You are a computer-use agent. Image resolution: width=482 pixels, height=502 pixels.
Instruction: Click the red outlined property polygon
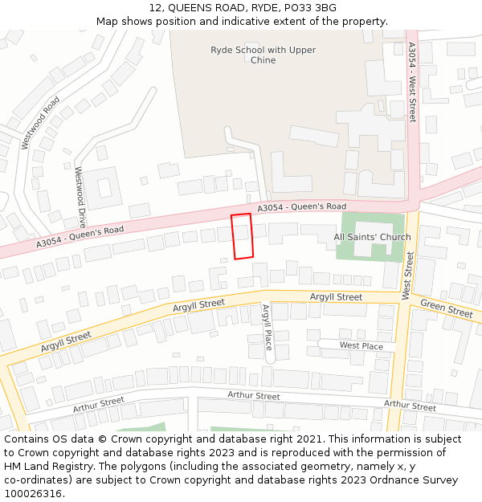pyautogui.click(x=242, y=236)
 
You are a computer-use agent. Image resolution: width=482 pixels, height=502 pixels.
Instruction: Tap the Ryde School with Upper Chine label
pyautogui.click(x=263, y=55)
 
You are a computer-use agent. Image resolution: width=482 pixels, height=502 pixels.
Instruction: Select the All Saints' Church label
pyautogui.click(x=372, y=237)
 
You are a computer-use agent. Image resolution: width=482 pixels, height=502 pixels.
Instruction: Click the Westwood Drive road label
pyautogui.click(x=80, y=197)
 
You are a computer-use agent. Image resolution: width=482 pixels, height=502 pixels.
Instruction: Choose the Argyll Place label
pyautogui.click(x=267, y=328)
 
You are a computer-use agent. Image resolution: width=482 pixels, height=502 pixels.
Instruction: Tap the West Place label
pyautogui.click(x=361, y=345)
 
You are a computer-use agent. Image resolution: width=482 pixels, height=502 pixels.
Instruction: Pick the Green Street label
pyautogui.click(x=447, y=308)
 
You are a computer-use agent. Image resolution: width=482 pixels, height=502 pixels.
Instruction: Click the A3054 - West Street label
pyautogui.click(x=412, y=82)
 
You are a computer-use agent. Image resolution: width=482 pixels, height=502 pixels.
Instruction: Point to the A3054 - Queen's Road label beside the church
pyautogui.click(x=302, y=207)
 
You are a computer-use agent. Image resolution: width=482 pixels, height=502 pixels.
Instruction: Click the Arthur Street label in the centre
pyautogui.click(x=254, y=396)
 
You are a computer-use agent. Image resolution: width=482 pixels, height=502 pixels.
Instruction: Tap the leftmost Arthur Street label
pyautogui.click(x=99, y=405)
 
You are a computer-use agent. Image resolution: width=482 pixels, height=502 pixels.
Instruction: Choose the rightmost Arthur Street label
pyautogui.click(x=410, y=405)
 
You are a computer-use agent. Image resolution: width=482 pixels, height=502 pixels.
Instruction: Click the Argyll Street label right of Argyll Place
pyautogui.click(x=336, y=297)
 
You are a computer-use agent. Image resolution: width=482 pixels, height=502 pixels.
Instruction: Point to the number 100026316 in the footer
pyautogui.click(x=34, y=494)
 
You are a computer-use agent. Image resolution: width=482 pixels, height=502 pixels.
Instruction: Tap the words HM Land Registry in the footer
pyautogui.click(x=41, y=467)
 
